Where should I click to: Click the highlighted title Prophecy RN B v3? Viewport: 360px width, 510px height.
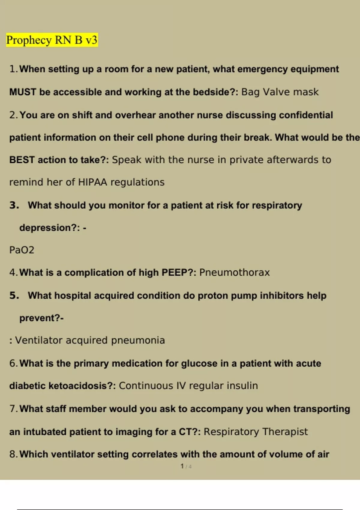pyautogui.click(x=52, y=40)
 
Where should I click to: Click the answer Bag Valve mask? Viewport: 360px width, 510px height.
pyautogui.click(x=280, y=92)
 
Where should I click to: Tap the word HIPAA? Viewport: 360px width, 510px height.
pyautogui.click(x=92, y=182)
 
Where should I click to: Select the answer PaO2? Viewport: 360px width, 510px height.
pyautogui.click(x=22, y=250)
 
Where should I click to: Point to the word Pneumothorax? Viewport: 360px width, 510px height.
pyautogui.click(x=234, y=272)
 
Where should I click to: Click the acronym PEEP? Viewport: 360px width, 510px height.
pyautogui.click(x=174, y=272)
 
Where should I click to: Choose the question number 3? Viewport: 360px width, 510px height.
pyautogui.click(x=14, y=205)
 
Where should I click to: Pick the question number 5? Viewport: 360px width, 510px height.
pyautogui.click(x=14, y=295)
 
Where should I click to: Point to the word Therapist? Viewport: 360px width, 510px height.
pyautogui.click(x=285, y=431)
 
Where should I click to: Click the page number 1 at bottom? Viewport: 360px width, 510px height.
pyautogui.click(x=182, y=466)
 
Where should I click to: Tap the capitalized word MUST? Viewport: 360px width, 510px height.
pyautogui.click(x=23, y=92)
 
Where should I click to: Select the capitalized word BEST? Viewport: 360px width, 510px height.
pyautogui.click(x=22, y=160)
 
